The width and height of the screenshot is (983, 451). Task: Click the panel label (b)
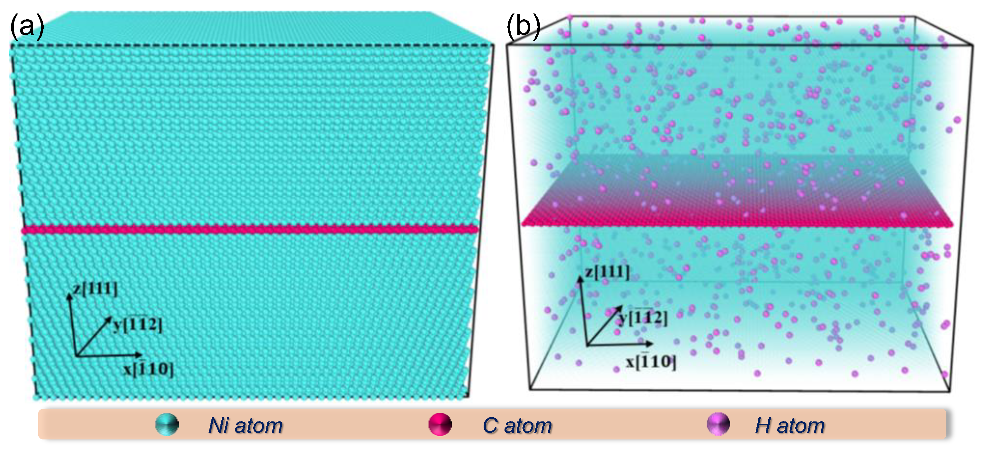[x=523, y=27]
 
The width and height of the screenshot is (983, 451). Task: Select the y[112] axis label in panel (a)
[x=138, y=325]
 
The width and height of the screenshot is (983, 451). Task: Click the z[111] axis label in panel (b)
[x=607, y=272]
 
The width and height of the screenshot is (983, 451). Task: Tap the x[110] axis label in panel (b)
[x=651, y=361]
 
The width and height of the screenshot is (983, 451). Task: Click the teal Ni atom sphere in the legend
[x=167, y=425]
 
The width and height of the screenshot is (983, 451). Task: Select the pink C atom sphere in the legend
[x=440, y=425]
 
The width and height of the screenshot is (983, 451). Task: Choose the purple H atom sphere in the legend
[x=718, y=424]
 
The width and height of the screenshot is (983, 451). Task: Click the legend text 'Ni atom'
[x=246, y=425]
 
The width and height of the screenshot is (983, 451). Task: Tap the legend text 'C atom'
[x=517, y=425]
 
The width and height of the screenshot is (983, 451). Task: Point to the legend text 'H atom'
[x=790, y=425]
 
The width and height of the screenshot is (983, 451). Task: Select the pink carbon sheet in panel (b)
[x=737, y=214]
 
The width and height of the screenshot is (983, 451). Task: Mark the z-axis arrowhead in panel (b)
[x=580, y=279]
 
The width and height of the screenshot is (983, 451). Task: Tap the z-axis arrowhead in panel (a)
[x=69, y=296]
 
